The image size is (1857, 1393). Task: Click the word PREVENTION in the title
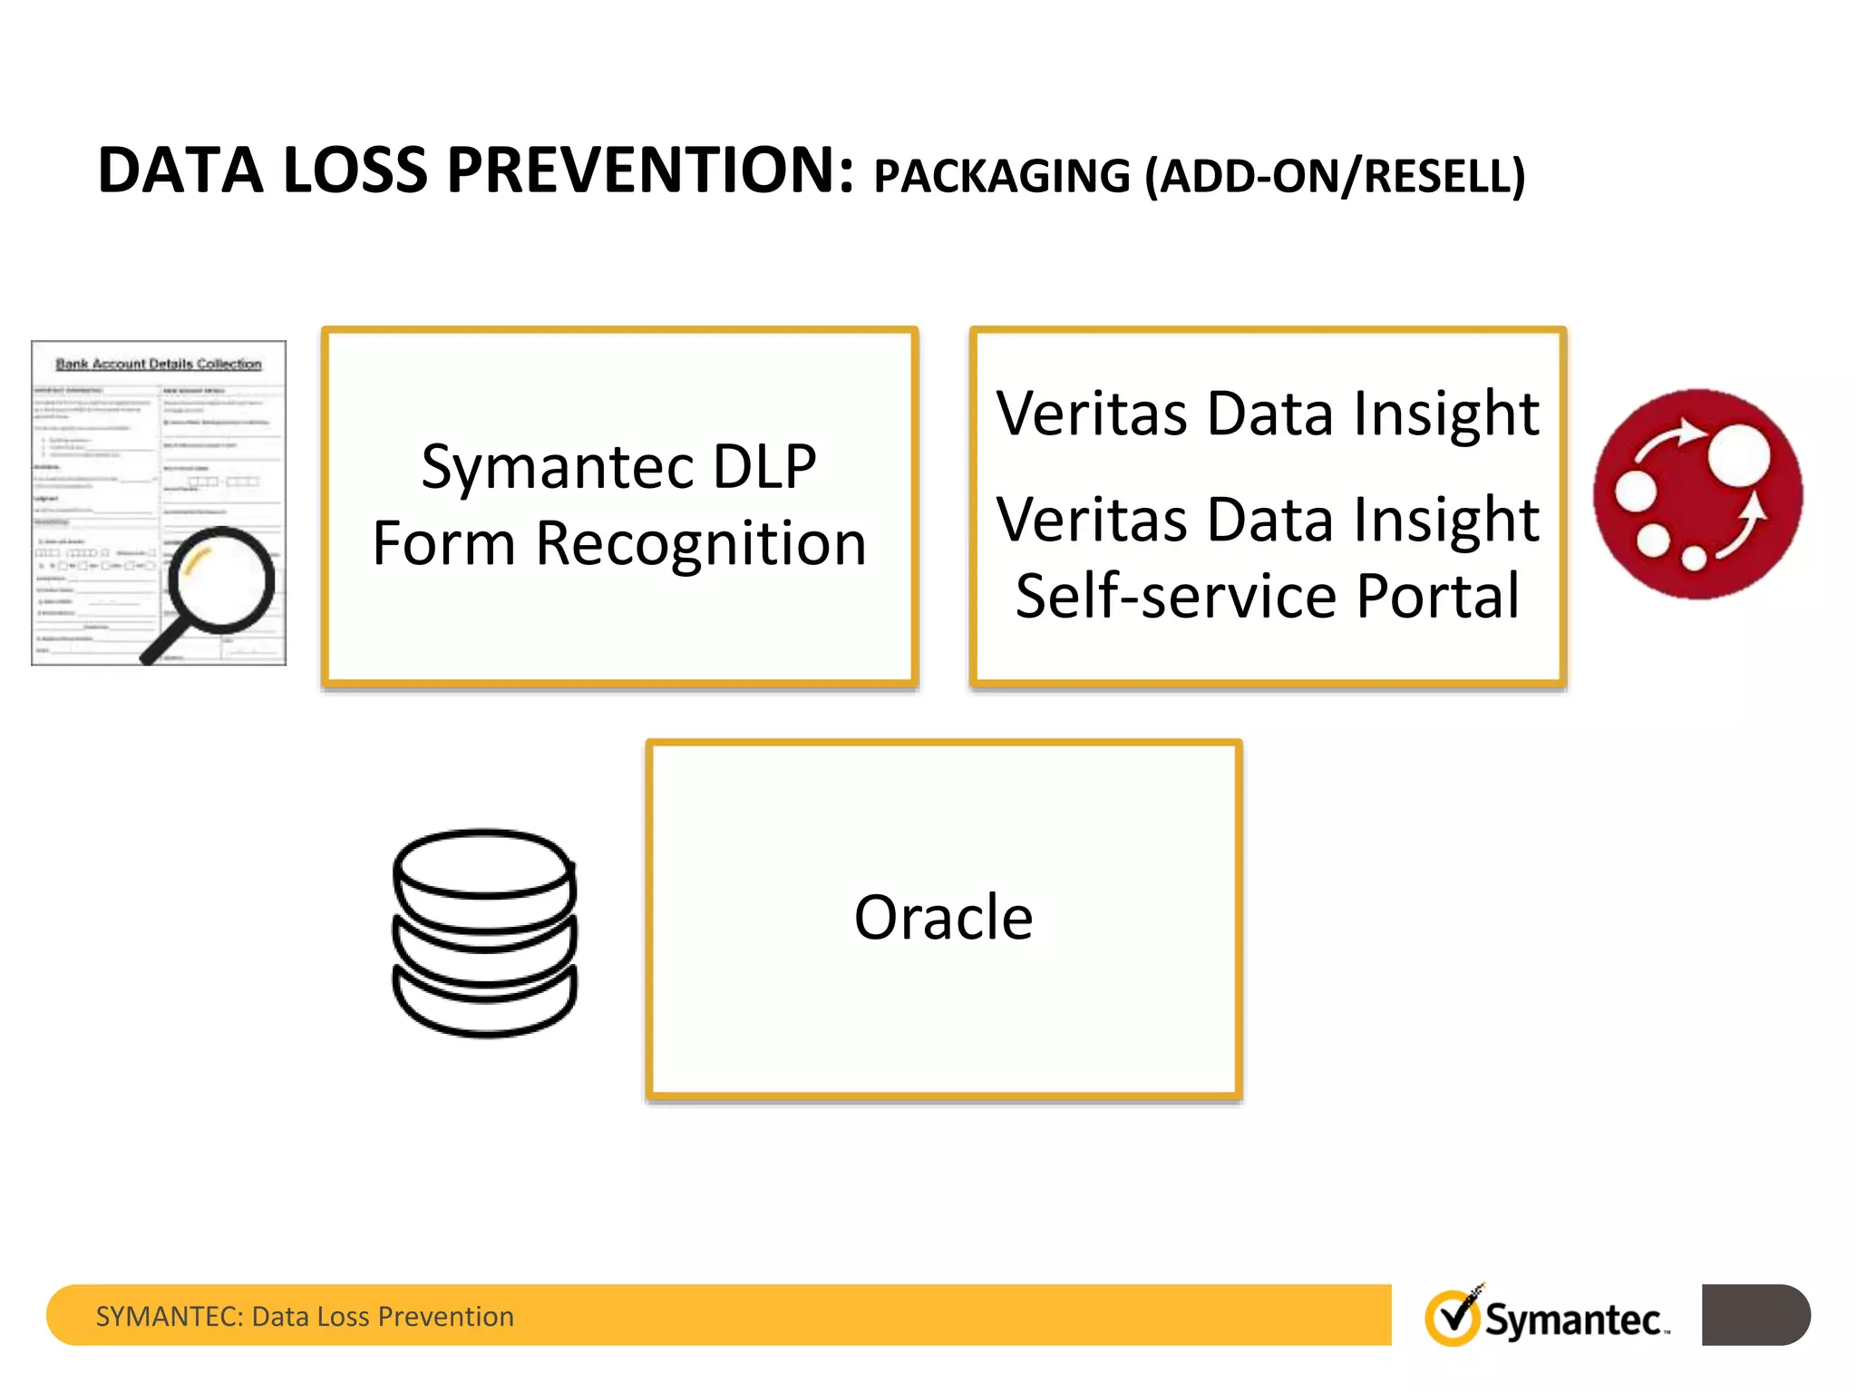(650, 170)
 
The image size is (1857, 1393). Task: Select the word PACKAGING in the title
(1002, 176)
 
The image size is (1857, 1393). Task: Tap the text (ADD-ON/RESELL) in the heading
(1335, 176)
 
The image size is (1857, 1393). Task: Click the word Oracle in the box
(943, 918)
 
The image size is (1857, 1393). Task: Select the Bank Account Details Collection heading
(159, 364)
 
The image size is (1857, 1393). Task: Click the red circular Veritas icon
(1697, 494)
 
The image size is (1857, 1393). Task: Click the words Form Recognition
(619, 543)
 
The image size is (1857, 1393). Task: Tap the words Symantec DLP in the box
(619, 467)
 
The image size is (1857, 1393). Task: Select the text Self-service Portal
(1267, 596)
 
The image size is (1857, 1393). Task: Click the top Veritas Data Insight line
(1267, 414)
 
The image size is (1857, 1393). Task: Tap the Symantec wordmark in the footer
(1573, 1320)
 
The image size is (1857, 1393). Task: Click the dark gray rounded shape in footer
(1755, 1315)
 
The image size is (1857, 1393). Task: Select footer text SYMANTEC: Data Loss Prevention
(305, 1316)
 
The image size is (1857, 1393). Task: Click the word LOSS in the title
(355, 170)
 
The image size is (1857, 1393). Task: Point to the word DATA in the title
(180, 170)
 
